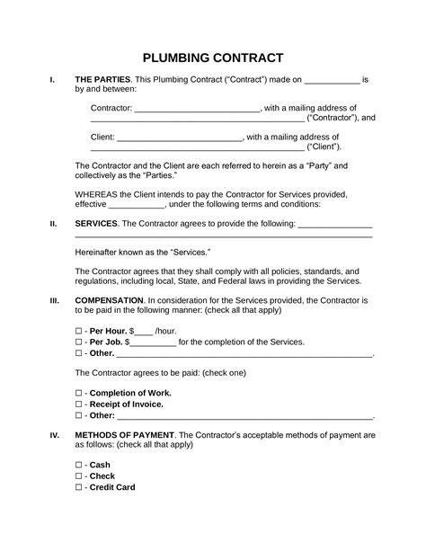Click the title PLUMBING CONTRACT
[x=213, y=58]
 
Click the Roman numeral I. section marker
[x=52, y=80]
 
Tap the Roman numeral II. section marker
[x=53, y=223]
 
